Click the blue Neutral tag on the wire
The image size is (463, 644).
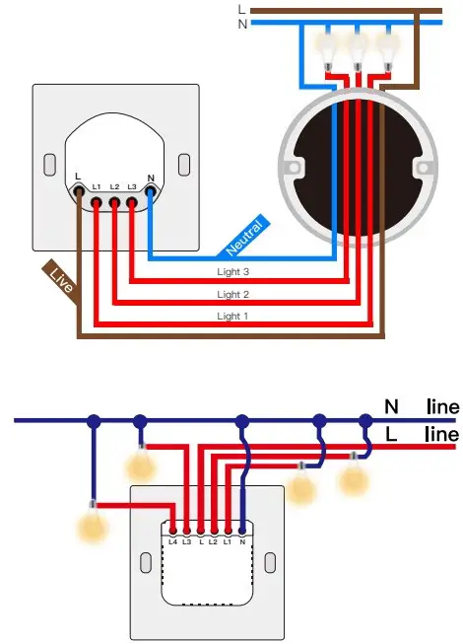click(x=242, y=233)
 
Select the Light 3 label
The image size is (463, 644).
click(x=233, y=270)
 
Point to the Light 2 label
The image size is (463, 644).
click(x=233, y=294)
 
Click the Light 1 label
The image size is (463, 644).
click(x=233, y=317)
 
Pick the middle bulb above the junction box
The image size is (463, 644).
click(x=359, y=49)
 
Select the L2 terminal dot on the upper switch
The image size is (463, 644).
click(x=114, y=202)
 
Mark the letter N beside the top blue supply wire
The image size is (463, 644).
click(x=243, y=24)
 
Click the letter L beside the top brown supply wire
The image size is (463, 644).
click(x=243, y=9)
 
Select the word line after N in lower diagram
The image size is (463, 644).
click(x=441, y=405)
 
